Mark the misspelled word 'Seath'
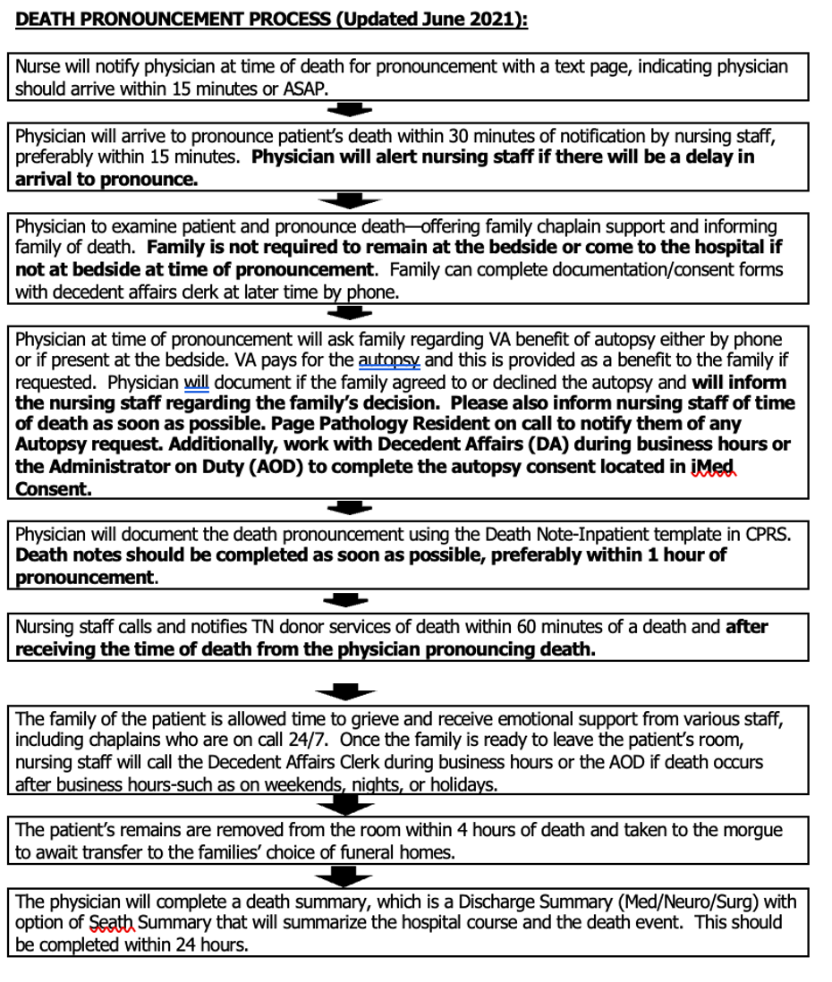114,923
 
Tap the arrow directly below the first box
349,110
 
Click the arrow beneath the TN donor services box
349,691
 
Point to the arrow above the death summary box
349,876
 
